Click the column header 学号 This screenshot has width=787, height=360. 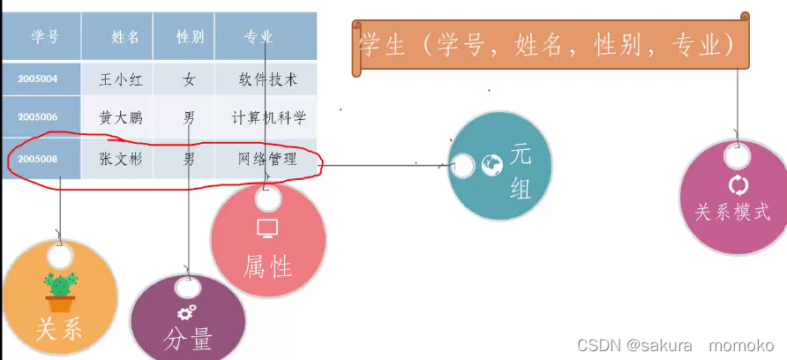(45, 36)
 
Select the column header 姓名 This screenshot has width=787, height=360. (125, 36)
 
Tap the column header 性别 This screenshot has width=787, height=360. (190, 36)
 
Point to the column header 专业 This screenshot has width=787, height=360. (259, 36)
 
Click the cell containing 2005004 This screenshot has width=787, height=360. (38, 79)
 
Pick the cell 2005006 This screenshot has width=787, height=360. (38, 116)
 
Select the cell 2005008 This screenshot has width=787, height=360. (38, 160)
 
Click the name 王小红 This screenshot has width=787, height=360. (121, 79)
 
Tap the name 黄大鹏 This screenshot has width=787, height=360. (121, 116)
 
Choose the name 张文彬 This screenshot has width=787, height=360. (121, 160)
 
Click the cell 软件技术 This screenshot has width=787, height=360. (267, 79)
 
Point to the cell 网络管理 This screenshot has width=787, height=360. (267, 160)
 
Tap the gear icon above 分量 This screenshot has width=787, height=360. (186, 311)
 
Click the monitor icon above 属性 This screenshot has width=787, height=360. (267, 229)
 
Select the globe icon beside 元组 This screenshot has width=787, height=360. (491, 163)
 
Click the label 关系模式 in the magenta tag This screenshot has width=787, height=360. (732, 213)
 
